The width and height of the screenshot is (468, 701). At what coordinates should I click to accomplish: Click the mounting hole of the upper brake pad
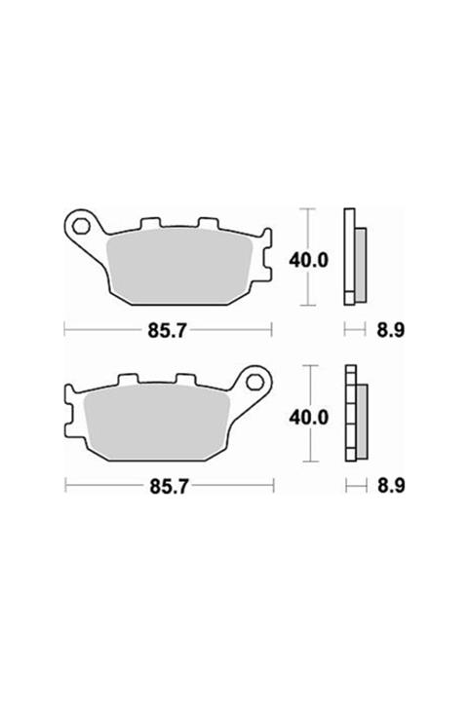pos(82,228)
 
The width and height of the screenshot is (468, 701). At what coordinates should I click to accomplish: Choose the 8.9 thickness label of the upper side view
pos(389,330)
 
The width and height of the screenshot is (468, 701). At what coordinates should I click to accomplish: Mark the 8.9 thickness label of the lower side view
pos(389,484)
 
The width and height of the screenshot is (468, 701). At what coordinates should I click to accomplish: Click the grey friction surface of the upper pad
pos(185,263)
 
